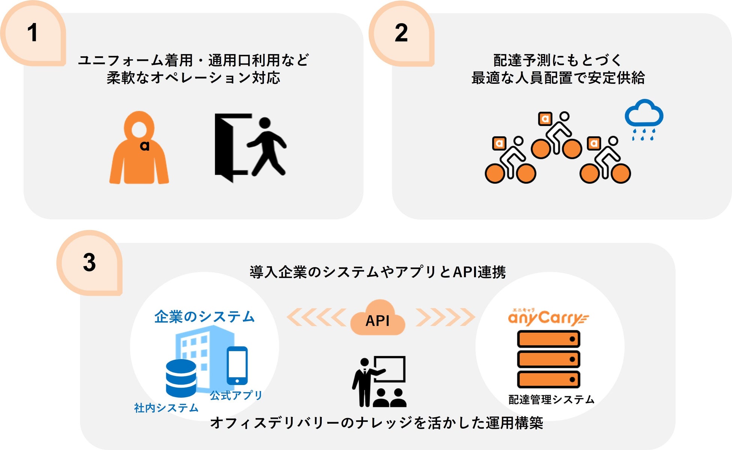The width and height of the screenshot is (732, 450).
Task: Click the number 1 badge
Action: click(33, 33)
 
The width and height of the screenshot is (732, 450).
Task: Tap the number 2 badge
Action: click(401, 33)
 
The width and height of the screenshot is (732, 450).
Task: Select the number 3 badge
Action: click(89, 263)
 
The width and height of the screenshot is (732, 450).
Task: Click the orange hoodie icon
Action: click(139, 150)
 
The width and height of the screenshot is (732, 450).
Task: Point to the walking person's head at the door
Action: click(265, 123)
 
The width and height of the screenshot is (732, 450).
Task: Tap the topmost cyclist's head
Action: click(564, 116)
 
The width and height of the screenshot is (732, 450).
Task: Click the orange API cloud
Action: click(378, 319)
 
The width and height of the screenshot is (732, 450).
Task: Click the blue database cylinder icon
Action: click(181, 378)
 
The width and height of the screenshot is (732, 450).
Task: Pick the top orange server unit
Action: click(548, 339)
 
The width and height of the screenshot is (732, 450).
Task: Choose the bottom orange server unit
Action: click(548, 379)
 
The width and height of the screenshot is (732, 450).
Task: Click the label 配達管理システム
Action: click(551, 399)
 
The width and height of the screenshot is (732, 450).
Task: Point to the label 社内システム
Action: click(166, 408)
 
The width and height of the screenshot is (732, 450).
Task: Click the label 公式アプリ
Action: click(236, 395)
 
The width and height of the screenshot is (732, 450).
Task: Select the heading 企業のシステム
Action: click(205, 317)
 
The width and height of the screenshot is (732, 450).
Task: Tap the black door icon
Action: click(229, 146)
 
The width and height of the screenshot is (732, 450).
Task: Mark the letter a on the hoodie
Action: click(145, 145)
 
